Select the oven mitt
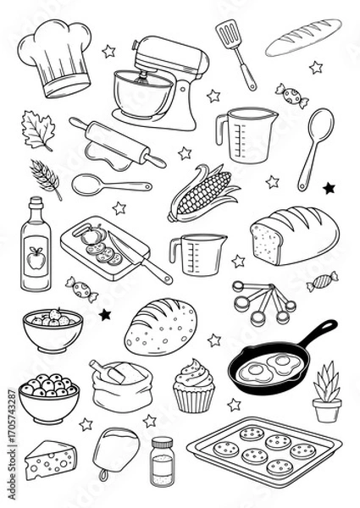(x=110, y=448)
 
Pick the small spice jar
(x=161, y=461)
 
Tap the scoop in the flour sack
(x=114, y=373)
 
